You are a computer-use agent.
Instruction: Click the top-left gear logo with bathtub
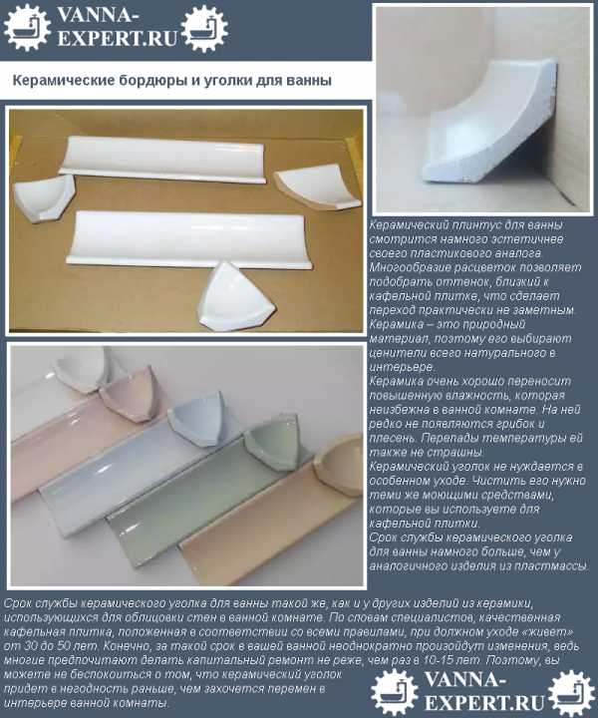[27, 27]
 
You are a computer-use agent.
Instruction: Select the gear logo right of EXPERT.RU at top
[204, 28]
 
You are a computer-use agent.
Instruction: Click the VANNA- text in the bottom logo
[465, 680]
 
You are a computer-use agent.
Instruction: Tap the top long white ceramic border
[162, 159]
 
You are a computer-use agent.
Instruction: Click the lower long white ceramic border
[190, 238]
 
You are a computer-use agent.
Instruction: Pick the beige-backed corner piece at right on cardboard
[319, 187]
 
